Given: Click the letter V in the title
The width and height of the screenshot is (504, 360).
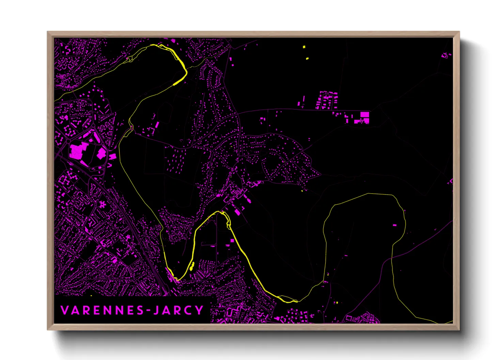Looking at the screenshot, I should click(64, 310).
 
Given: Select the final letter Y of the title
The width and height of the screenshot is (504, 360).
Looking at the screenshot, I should click(199, 310).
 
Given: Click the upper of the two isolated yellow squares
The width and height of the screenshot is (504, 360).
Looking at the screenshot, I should click(304, 47).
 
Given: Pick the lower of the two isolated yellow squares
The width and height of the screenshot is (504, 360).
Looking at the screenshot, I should click(307, 59).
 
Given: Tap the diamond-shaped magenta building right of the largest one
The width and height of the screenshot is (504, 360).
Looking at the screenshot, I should click(101, 153).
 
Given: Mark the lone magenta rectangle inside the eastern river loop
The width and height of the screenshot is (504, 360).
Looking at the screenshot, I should click(395, 225).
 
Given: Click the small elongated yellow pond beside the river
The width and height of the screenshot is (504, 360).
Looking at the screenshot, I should click(192, 266).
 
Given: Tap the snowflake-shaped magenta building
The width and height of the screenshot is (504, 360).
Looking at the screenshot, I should click(102, 204).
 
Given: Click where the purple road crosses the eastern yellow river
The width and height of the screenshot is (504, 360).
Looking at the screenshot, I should click(392, 258).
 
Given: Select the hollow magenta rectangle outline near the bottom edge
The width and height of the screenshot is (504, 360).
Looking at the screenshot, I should click(349, 318).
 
